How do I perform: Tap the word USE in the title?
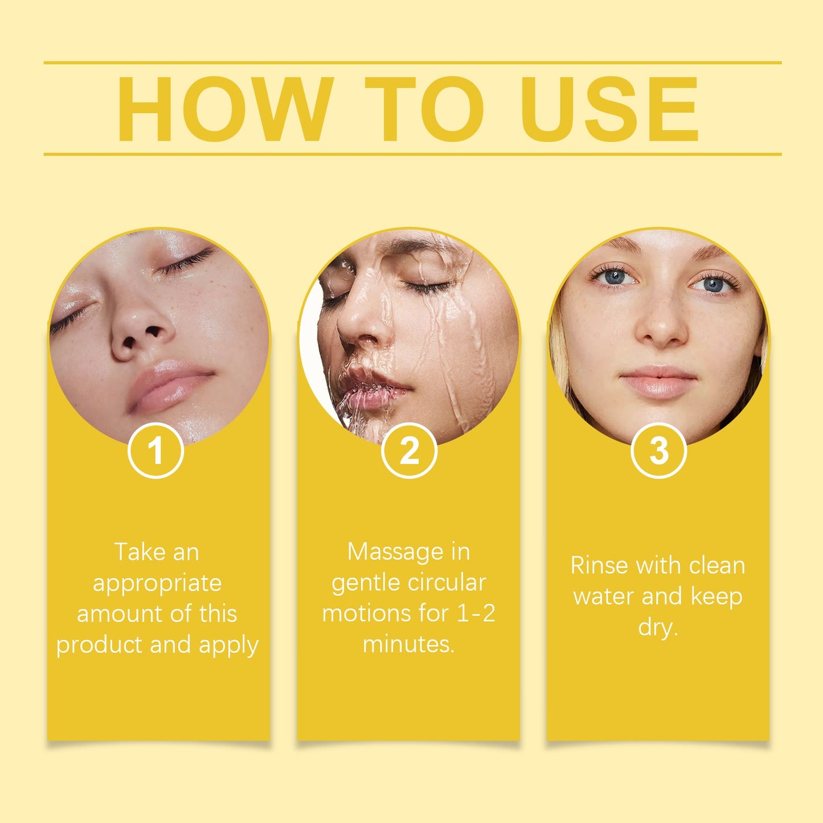(x=609, y=109)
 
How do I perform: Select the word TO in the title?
(x=424, y=109)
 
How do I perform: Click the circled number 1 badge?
(x=155, y=451)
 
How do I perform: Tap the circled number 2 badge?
(x=409, y=451)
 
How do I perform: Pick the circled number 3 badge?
(x=658, y=451)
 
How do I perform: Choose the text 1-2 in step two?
(x=476, y=613)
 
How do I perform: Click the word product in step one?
(x=100, y=645)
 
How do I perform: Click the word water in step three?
(x=604, y=596)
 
